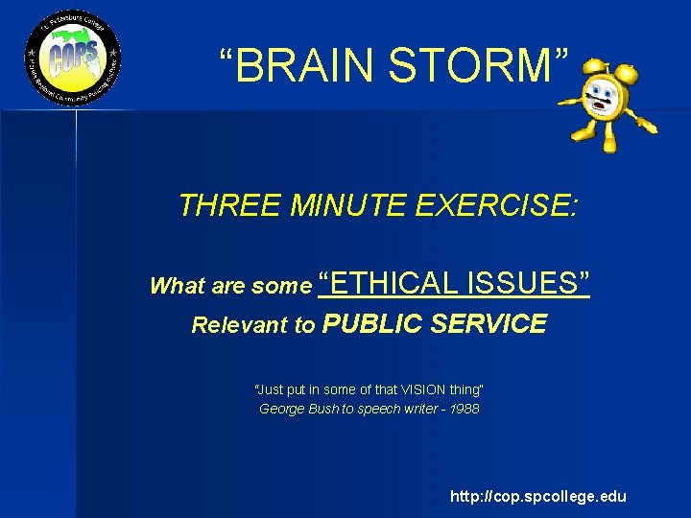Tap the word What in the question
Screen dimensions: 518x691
(x=174, y=286)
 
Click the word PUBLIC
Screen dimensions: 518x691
(x=373, y=324)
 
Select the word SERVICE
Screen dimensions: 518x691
(x=489, y=324)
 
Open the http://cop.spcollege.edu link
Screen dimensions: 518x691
(x=538, y=496)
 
